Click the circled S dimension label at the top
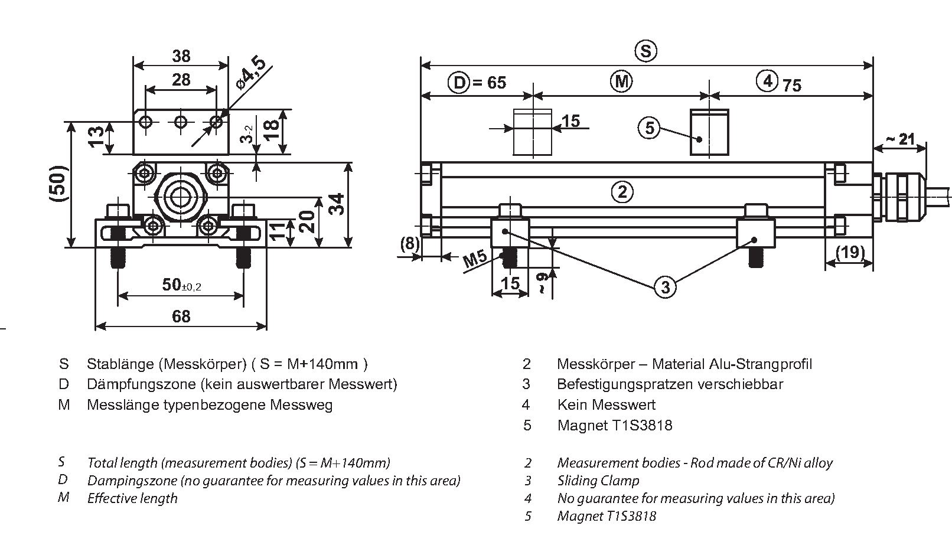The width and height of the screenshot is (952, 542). point(646,51)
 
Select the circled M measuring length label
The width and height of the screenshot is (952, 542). point(621,81)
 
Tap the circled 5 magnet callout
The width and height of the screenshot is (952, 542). point(649,127)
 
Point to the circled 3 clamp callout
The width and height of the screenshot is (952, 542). point(666,287)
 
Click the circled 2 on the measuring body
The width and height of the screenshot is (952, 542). point(622,192)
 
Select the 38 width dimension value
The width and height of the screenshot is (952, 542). point(181,56)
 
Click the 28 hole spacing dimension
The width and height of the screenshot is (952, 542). point(181,80)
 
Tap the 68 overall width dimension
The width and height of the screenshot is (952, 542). point(181,317)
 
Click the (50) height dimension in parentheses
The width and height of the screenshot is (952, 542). point(58,184)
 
